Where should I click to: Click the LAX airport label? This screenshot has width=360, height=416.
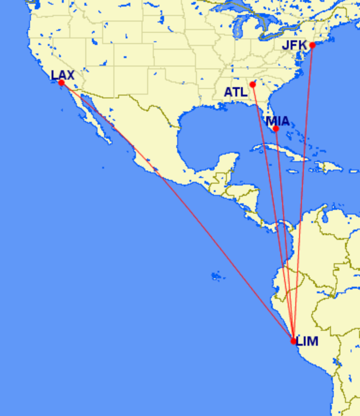point(63,74)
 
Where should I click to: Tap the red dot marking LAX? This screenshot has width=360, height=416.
point(61,83)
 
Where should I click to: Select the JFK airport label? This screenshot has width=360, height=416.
point(294,45)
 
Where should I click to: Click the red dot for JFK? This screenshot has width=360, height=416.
point(313,45)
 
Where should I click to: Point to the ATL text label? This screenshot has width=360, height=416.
point(235,92)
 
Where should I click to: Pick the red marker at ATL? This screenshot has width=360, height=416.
point(253,84)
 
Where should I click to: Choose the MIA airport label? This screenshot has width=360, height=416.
point(277,121)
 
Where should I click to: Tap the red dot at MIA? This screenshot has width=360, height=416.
point(276,129)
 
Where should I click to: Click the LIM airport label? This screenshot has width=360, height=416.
point(307,341)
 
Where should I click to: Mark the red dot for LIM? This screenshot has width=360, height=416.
point(293,341)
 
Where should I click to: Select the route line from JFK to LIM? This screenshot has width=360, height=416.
point(304,187)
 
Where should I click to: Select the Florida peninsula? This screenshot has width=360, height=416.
point(272,115)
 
